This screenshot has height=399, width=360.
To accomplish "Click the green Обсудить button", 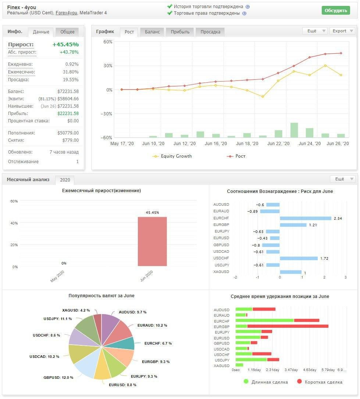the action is tap(336, 10).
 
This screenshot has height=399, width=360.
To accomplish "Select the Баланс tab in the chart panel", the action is tap(152, 32).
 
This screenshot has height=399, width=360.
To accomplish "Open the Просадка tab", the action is tap(210, 32).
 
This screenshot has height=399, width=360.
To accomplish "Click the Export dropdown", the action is tap(342, 31).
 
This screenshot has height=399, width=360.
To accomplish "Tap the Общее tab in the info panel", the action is tap(67, 32).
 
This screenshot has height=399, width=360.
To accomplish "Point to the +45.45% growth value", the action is tap(65, 44).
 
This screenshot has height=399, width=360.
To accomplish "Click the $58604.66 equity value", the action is tap(68, 99).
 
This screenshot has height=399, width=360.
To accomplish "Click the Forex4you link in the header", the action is tap(66, 13).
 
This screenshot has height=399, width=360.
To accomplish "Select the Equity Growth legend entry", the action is tap(172, 156).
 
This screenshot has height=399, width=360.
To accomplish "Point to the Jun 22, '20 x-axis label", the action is tap(278, 144).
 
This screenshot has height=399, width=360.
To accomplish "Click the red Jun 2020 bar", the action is tap(152, 241).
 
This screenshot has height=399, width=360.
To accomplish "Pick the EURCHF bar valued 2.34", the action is tap(306, 218).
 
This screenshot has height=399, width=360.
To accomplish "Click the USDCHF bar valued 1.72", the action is tap(299, 258).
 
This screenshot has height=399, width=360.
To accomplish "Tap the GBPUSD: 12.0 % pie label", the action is tap(58, 378).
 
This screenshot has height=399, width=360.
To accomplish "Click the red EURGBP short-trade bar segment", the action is tap(288, 326).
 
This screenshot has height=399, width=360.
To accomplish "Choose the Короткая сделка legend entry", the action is tap(320, 382).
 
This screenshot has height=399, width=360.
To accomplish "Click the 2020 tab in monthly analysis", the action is tap(65, 180).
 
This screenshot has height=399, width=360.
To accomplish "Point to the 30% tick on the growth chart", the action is tap(108, 66).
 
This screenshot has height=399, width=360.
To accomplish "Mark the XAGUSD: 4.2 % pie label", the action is tap(76, 310).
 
